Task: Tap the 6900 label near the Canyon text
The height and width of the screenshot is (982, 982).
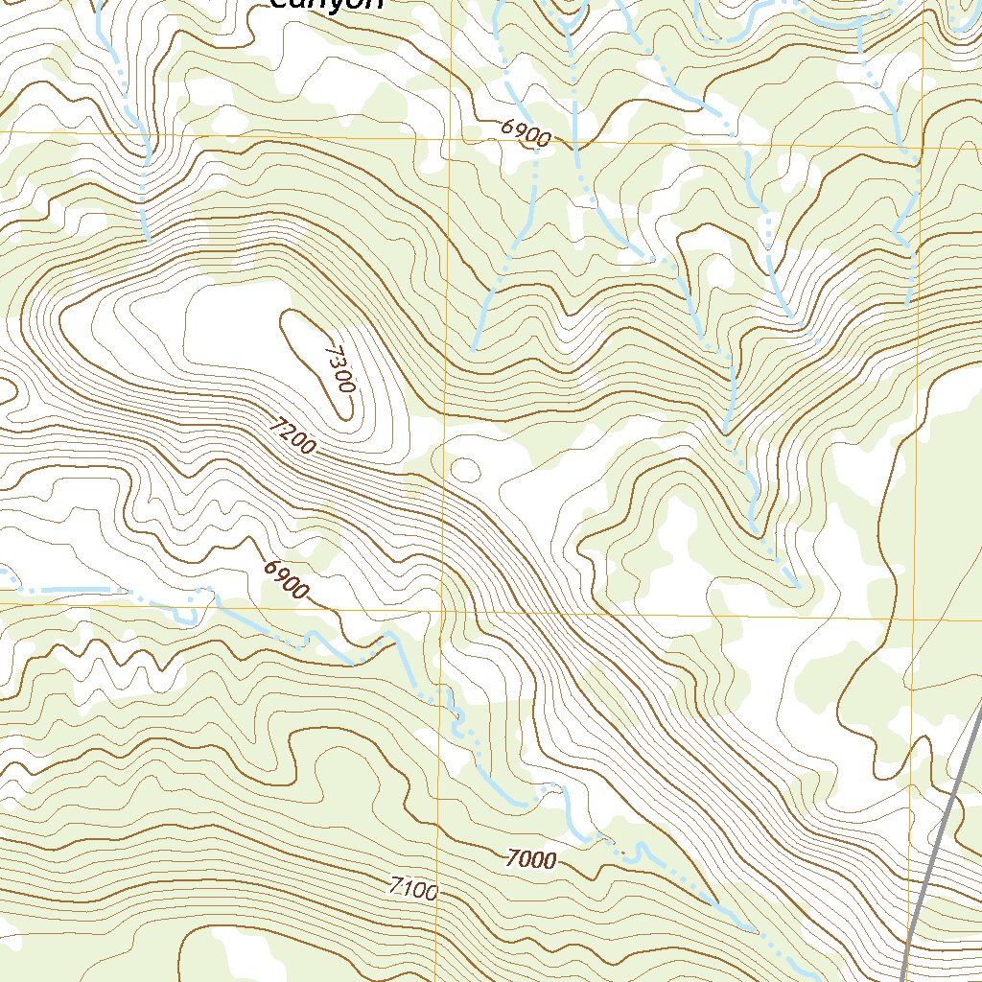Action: point(526,133)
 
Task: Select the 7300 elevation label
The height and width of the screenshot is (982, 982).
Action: point(339,370)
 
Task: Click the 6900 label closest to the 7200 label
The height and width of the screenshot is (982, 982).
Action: point(287,579)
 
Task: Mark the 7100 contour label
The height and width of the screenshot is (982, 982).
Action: point(414,889)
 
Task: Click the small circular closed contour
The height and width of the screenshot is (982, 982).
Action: point(465,469)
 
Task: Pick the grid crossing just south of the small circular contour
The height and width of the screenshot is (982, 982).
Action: point(444,607)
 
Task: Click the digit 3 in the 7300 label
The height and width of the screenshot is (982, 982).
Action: point(337,362)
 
